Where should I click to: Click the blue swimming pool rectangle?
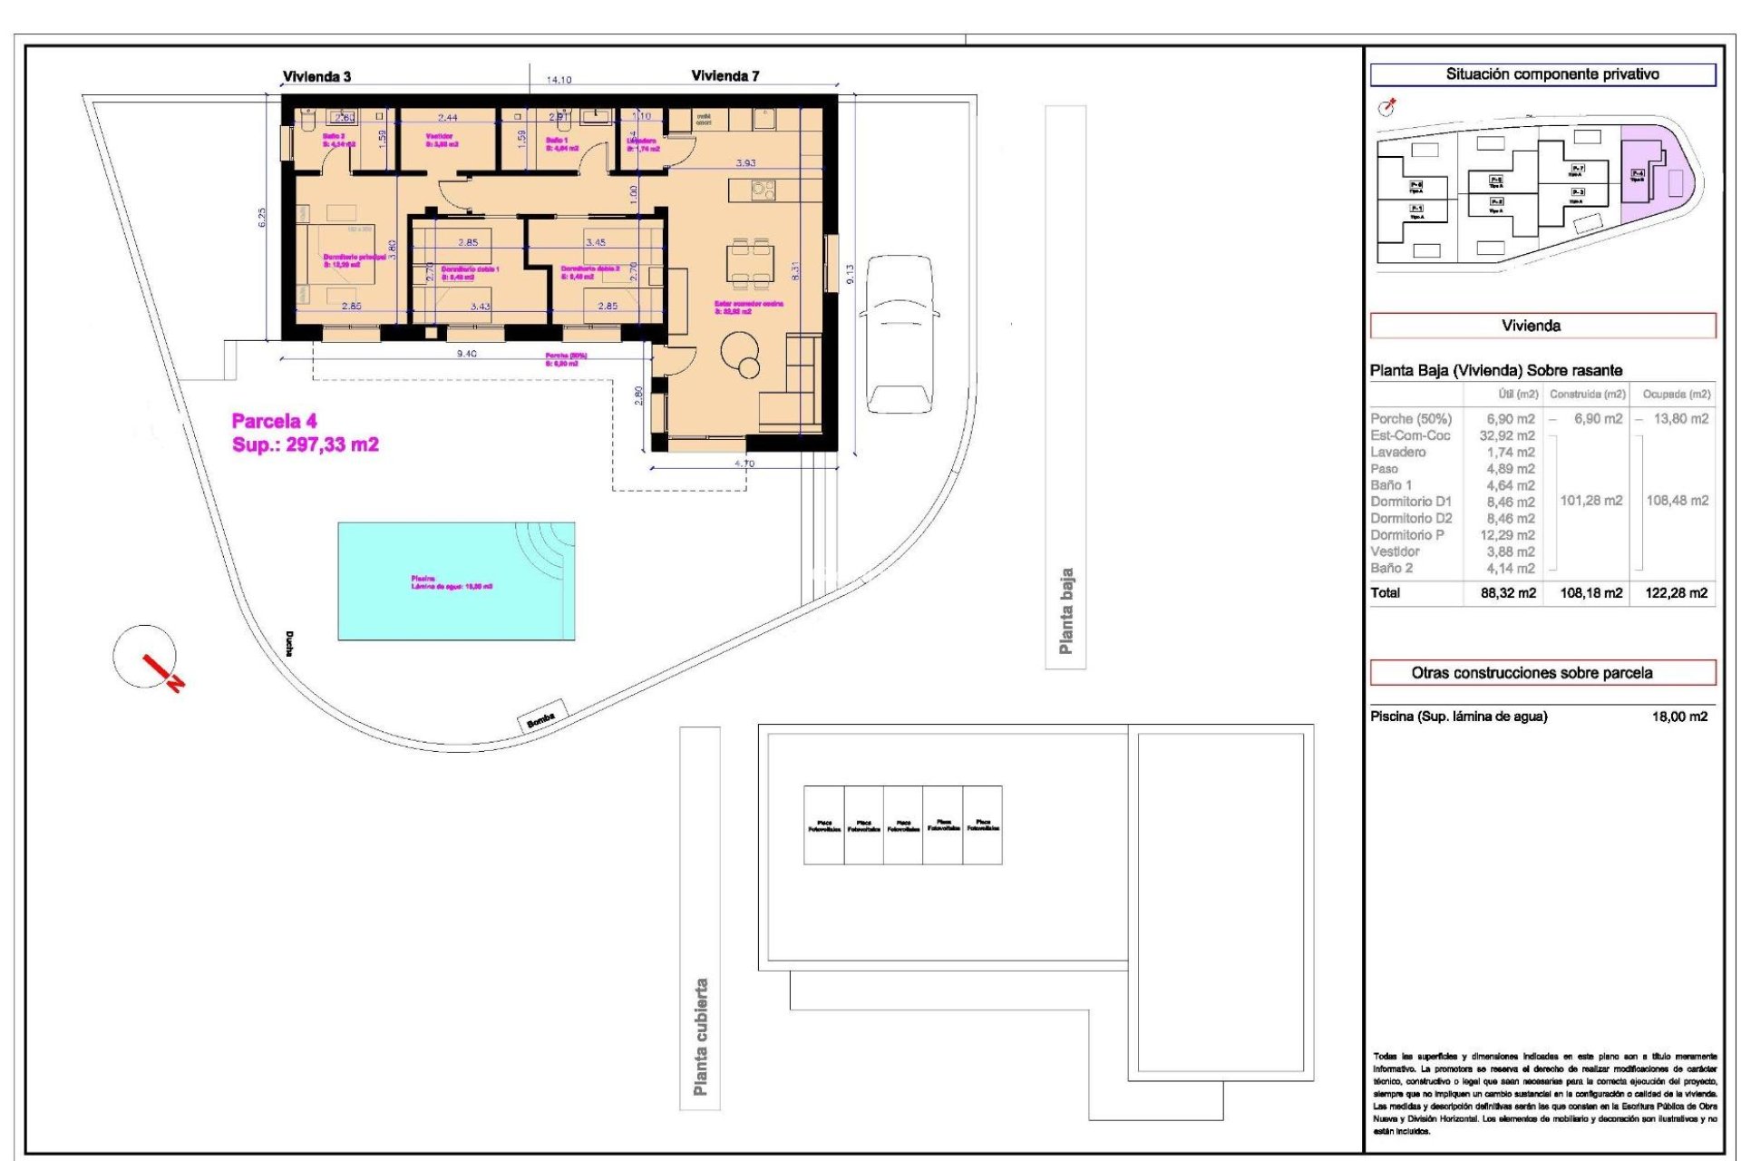tap(456, 580)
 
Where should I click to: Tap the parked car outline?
tap(900, 334)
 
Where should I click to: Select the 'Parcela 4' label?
tap(275, 421)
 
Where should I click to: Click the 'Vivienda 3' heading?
tap(316, 77)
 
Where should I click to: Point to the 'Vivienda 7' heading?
tap(725, 76)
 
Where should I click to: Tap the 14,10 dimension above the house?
tap(559, 80)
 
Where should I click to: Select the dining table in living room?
tap(750, 264)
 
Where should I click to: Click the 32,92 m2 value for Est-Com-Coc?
tap(1507, 435)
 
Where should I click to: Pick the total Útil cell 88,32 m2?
tap(1508, 593)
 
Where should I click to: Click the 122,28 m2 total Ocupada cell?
tap(1676, 593)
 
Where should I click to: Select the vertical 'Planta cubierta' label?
tap(700, 1036)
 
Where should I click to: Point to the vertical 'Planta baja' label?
tap(1066, 610)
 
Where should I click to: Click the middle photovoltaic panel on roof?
tap(903, 825)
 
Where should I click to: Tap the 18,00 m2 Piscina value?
tap(1679, 717)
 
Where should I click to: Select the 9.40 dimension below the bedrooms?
tap(466, 354)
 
